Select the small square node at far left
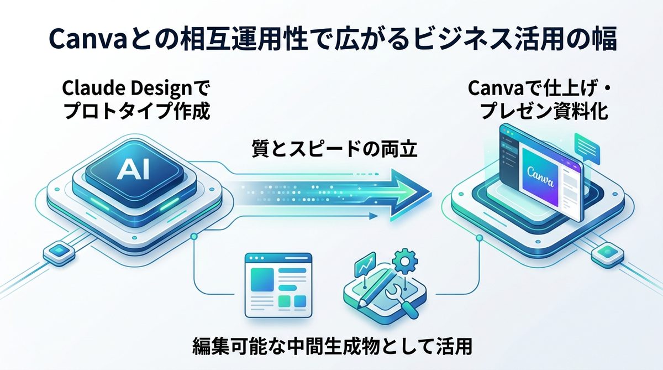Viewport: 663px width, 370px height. (x=56, y=252)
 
